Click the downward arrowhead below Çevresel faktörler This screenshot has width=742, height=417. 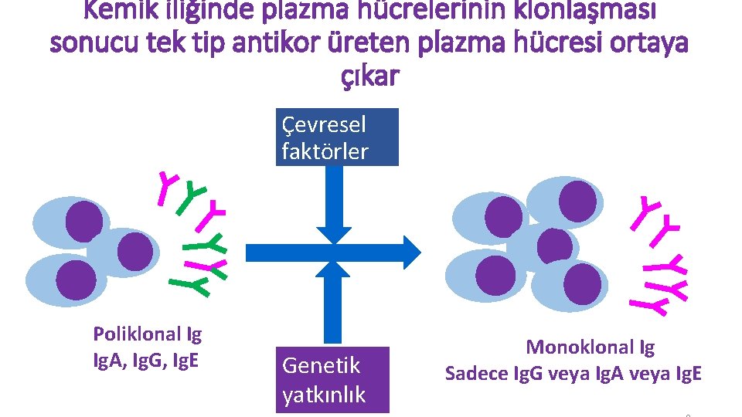tap(334, 233)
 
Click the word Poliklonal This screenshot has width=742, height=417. tap(136, 334)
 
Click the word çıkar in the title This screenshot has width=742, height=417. tap(369, 76)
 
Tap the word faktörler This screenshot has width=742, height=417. tap(325, 151)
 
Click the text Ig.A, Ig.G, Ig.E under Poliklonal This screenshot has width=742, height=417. tap(146, 358)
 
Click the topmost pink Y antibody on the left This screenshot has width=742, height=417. tap(168, 188)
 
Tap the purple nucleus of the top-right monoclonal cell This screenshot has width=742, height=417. tap(577, 200)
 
